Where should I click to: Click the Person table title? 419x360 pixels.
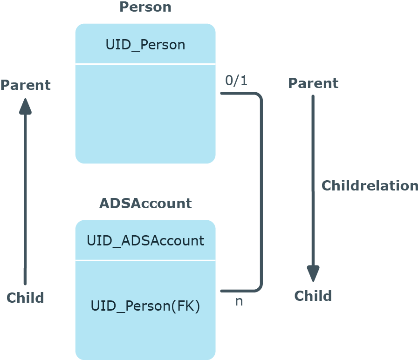pos(145,7)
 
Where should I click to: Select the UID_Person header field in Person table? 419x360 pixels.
pos(145,45)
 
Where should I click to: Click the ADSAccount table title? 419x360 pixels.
pos(145,204)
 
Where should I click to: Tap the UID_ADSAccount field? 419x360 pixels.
pos(145,241)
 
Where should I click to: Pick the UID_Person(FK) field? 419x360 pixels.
pos(145,306)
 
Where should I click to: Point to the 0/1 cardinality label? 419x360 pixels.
pos(236,81)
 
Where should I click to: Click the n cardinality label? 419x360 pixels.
pos(239,301)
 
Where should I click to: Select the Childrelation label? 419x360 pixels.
pos(370,185)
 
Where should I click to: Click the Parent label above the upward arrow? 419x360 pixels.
pos(25,85)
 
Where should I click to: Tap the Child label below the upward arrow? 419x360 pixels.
pos(25,298)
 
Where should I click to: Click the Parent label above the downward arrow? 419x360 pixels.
pos(313,83)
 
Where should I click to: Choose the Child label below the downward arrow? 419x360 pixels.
pos(313,296)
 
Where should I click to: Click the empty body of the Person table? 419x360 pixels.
pos(145,114)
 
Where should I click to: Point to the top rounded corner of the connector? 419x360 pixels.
pos(258,96)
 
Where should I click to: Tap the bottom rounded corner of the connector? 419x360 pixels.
pos(258,288)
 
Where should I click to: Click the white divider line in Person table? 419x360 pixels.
pos(145,64)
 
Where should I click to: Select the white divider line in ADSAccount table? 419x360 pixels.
pos(145,260)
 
